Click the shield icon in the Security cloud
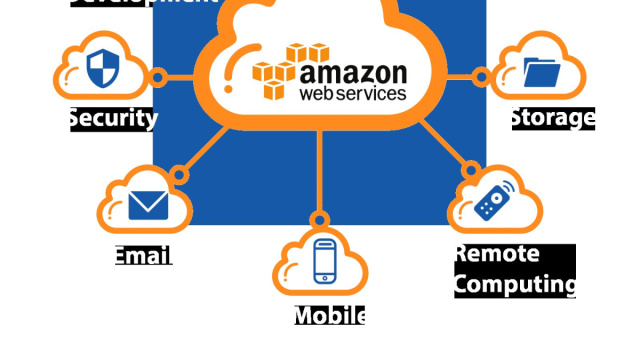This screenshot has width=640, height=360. (x=102, y=68)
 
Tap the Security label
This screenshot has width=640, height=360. (x=113, y=119)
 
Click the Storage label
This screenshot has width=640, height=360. (x=552, y=118)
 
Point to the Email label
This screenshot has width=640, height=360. (x=142, y=255)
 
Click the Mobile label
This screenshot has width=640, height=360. (x=329, y=316)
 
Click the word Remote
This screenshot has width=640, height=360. (x=497, y=254)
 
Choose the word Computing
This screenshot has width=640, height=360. (x=514, y=284)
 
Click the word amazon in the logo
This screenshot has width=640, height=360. (x=353, y=74)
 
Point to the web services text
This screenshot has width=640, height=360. (x=353, y=94)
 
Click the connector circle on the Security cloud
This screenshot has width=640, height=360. (x=157, y=77)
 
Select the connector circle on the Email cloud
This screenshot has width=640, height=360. (x=180, y=175)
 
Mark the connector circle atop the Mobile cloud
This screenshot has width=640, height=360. (x=319, y=219)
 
